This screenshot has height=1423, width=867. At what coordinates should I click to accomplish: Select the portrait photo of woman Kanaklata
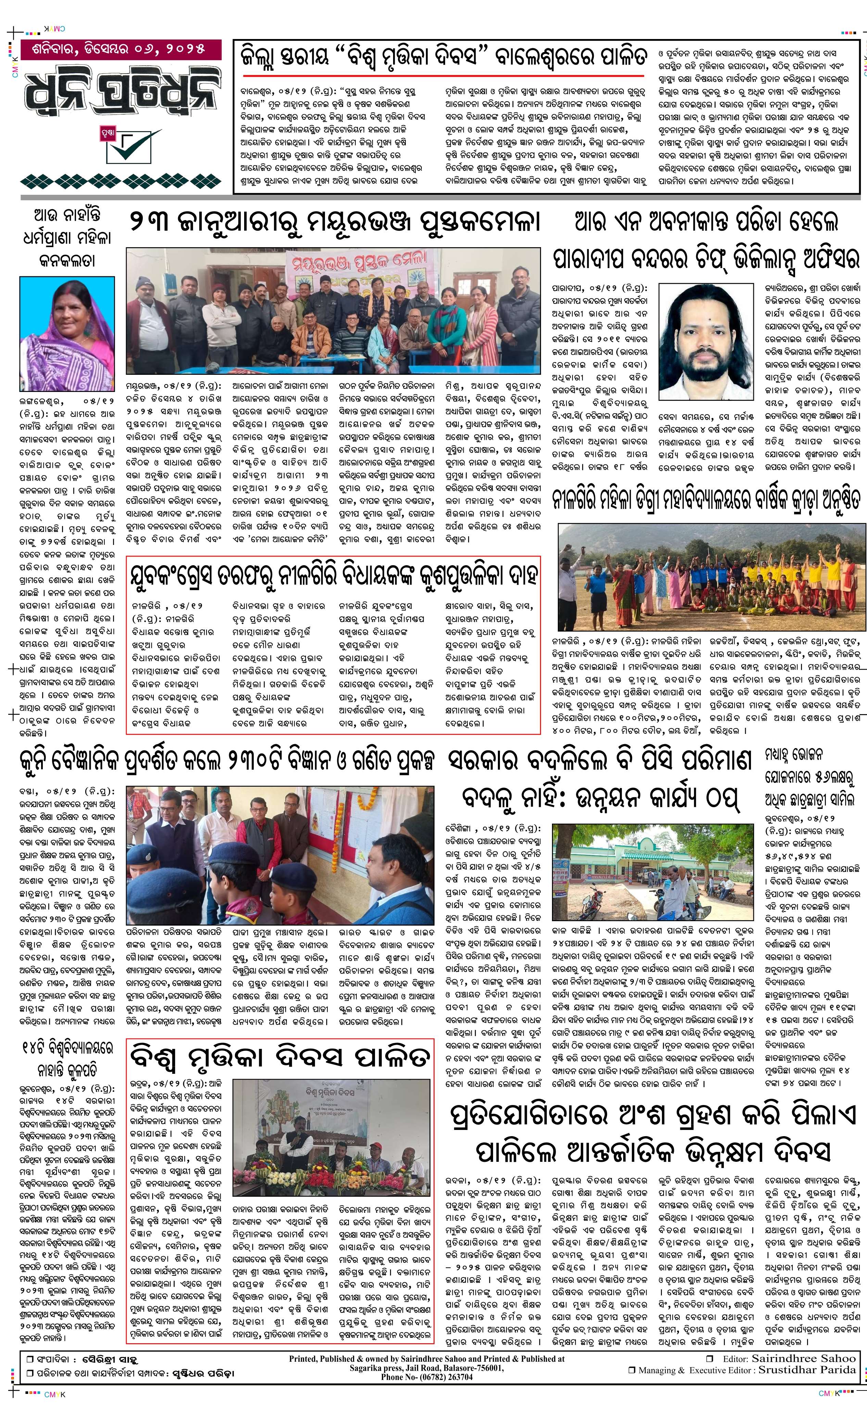pyautogui.click(x=67, y=333)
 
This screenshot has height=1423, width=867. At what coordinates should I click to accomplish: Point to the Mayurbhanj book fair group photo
pyautogui.click(x=333, y=311)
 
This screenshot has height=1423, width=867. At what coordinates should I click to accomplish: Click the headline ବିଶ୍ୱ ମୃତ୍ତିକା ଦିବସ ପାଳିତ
pyautogui.click(x=279, y=1056)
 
